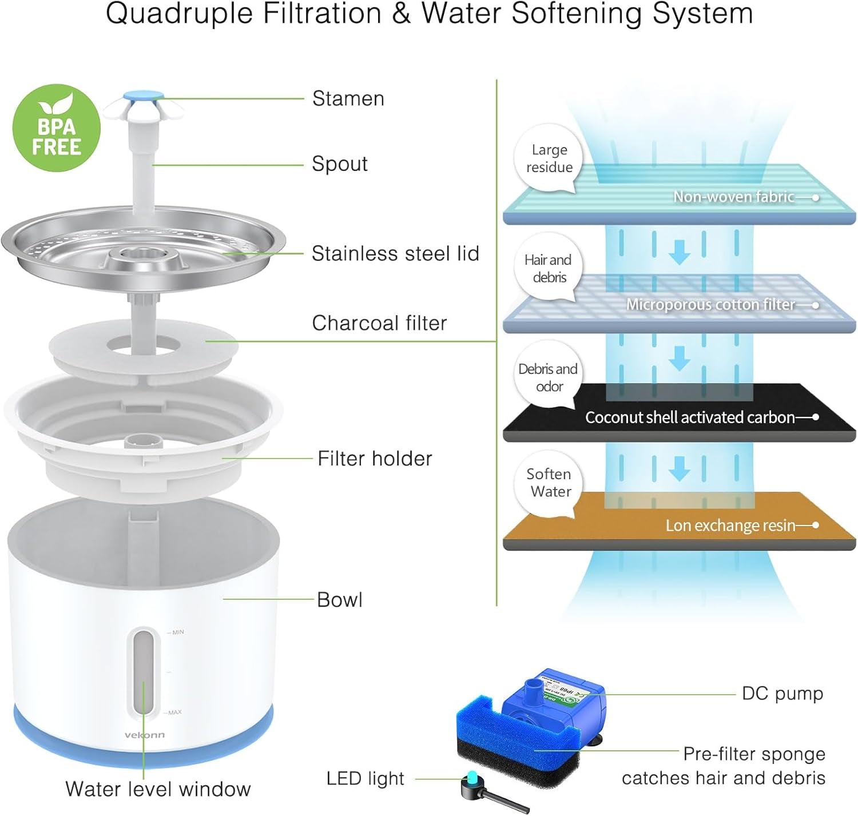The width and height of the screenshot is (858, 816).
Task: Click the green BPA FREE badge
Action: click(56, 128)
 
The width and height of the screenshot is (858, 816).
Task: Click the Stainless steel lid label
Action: click(395, 253)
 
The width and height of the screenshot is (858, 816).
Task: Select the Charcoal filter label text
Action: click(379, 323)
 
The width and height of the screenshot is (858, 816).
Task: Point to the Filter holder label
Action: click(375, 459)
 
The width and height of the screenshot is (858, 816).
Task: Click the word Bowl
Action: click(340, 600)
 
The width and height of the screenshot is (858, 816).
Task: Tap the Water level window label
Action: click(158, 789)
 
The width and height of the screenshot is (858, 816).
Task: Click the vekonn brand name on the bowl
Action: click(145, 735)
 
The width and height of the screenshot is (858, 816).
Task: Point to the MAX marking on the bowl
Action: click(174, 712)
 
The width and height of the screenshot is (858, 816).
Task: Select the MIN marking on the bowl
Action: click(178, 632)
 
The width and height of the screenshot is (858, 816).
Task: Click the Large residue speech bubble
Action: click(549, 158)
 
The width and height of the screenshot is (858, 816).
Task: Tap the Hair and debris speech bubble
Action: click(548, 268)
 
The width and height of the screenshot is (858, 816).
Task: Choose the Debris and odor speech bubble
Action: click(548, 377)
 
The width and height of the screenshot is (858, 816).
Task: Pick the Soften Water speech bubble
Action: click(549, 483)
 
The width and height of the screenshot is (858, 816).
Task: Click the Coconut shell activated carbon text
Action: click(689, 417)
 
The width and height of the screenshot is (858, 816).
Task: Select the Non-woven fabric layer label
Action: click(733, 197)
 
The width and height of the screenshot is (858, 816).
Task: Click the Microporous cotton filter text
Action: click(710, 304)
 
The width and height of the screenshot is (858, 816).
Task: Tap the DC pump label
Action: click(782, 694)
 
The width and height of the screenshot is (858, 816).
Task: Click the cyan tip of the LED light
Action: click(472, 777)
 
